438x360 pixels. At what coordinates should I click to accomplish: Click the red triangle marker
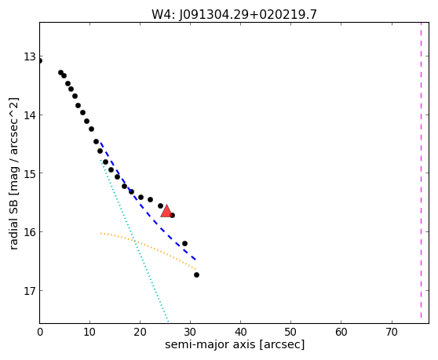(x=166, y=211)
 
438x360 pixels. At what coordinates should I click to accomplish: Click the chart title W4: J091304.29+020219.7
(x=234, y=14)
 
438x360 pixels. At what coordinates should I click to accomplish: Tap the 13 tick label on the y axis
(x=30, y=56)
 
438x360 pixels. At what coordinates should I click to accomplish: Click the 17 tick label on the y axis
(x=30, y=291)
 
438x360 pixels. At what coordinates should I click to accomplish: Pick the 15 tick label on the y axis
(x=30, y=173)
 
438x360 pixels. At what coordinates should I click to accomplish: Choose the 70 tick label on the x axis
(x=392, y=332)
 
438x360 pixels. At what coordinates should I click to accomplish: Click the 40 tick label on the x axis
(x=241, y=332)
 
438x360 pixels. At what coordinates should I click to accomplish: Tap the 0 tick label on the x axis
(x=40, y=332)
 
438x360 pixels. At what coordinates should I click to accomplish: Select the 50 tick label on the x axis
(x=290, y=332)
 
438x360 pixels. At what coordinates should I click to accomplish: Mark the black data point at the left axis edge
(x=40, y=61)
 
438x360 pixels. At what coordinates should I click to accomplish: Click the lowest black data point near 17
(x=196, y=275)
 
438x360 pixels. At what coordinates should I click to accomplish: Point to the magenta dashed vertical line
(x=421, y=170)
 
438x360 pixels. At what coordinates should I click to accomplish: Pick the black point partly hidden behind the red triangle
(x=173, y=215)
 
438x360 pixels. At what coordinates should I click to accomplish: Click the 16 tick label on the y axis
(x=30, y=232)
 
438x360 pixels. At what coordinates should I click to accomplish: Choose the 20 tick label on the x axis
(x=141, y=332)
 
